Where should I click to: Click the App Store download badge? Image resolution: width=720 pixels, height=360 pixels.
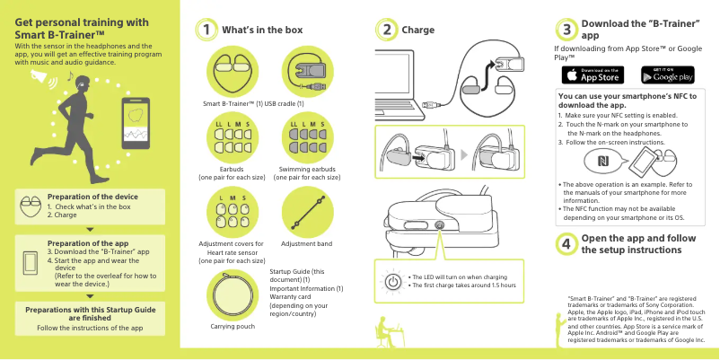click(x=593, y=75)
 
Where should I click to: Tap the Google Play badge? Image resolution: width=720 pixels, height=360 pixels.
click(x=668, y=75)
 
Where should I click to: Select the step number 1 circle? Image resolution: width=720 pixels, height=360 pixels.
click(x=206, y=30)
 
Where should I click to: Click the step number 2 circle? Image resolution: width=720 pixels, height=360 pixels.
click(x=387, y=30)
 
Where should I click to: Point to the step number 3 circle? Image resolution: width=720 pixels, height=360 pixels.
click(x=566, y=30)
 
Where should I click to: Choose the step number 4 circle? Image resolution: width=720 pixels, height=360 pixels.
click(x=566, y=244)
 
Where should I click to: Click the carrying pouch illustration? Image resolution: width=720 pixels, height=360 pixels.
click(x=233, y=294)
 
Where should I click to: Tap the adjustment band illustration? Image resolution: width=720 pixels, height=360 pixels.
click(x=308, y=212)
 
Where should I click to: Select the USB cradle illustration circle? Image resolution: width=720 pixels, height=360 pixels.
click(x=308, y=72)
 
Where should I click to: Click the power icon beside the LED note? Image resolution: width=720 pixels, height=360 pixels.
click(x=392, y=282)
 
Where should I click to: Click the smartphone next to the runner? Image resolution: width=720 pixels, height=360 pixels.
click(x=136, y=123)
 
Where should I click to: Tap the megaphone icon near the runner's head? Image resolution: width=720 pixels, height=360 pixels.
click(x=40, y=77)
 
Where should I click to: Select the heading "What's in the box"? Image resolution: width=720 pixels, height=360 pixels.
click(x=262, y=30)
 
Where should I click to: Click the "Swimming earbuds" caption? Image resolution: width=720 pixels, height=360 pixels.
click(x=307, y=170)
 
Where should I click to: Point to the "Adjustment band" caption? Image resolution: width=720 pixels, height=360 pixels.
click(x=306, y=244)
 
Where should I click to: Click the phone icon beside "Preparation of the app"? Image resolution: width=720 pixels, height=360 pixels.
click(x=31, y=263)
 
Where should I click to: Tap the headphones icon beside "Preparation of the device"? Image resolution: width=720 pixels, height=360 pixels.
click(x=31, y=206)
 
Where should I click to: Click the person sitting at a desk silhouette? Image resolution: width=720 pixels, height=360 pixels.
click(x=387, y=331)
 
